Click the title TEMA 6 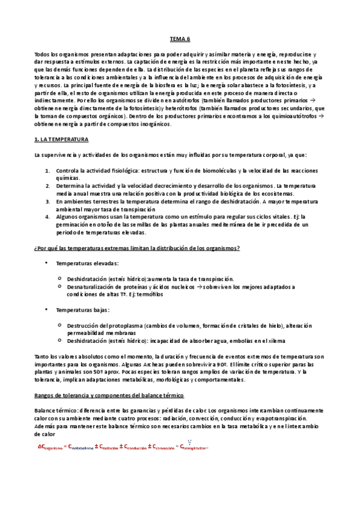point(180,38)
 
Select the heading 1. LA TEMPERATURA point(62,140)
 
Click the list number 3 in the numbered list point(47,202)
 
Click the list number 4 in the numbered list point(47,217)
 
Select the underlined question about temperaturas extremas point(138,248)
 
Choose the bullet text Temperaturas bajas point(83,310)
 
